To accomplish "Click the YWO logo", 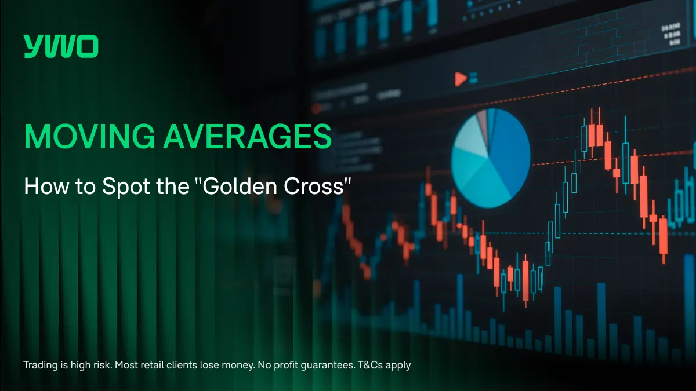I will point(61,46).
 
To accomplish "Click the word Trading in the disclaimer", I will point(40,366).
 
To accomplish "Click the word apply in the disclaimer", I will point(400,366).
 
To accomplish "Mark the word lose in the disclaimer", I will point(211,366).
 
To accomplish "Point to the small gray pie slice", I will point(481,120).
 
